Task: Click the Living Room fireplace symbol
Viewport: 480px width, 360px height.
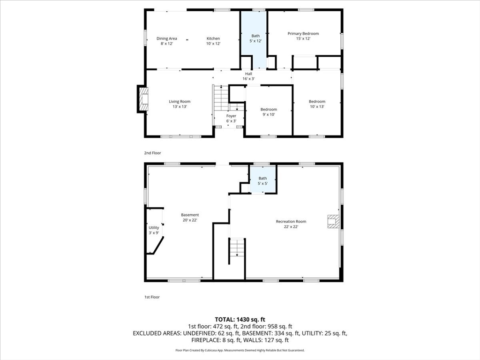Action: point(144,99)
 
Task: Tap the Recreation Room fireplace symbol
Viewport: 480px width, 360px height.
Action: point(333,221)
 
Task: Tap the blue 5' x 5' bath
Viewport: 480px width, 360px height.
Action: point(263,179)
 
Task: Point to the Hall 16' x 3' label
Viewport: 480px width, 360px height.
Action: point(248,76)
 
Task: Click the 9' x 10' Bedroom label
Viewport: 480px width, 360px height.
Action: point(269,112)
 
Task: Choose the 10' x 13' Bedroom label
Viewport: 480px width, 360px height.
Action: point(317,104)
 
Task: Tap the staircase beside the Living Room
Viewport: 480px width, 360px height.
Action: point(221,98)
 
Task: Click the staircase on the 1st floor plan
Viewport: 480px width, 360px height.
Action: point(237,248)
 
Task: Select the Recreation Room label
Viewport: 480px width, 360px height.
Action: point(291,224)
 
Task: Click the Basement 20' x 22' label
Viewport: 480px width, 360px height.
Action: point(190,217)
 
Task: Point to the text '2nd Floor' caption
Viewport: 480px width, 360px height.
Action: point(152,153)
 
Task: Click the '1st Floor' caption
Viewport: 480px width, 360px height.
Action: point(152,297)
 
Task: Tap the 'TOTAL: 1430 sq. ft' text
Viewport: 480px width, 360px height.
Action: point(240,320)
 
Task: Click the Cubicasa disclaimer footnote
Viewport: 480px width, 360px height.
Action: point(240,350)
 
